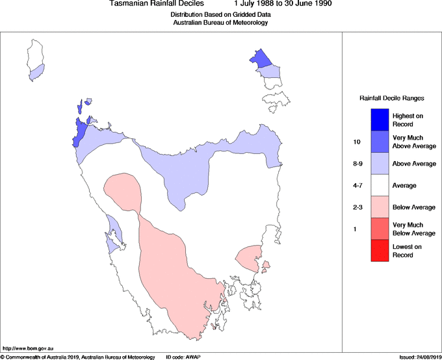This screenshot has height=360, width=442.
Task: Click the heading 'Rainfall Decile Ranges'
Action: click(x=392, y=98)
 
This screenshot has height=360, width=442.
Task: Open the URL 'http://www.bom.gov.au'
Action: click(x=24, y=349)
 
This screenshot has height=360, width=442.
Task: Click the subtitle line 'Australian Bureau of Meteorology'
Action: click(x=220, y=23)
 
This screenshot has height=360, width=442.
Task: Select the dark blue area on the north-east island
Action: click(x=261, y=59)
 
